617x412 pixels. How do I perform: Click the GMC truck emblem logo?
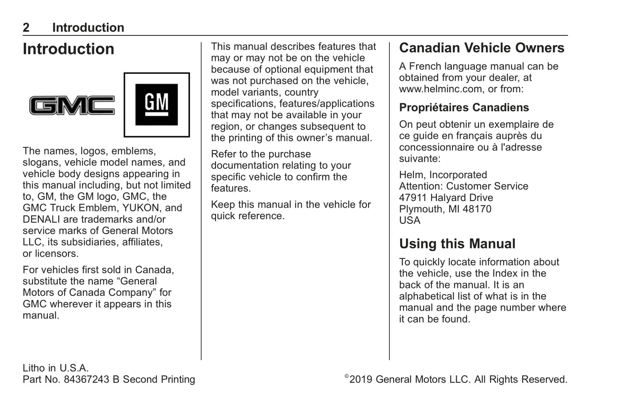72,105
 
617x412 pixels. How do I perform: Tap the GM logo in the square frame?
156,105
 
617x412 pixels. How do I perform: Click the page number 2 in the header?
26,28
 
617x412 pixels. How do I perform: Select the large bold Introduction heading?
68,49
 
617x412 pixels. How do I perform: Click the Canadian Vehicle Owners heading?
481,48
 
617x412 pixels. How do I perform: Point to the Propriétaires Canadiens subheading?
464,108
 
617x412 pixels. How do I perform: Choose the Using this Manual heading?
457,244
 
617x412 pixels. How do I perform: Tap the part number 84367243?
86,380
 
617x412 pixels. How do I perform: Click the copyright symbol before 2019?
347,377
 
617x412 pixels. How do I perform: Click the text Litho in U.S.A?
56,368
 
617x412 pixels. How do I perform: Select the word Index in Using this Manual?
505,274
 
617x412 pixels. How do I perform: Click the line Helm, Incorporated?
443,175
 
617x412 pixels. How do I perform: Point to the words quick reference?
247,216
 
